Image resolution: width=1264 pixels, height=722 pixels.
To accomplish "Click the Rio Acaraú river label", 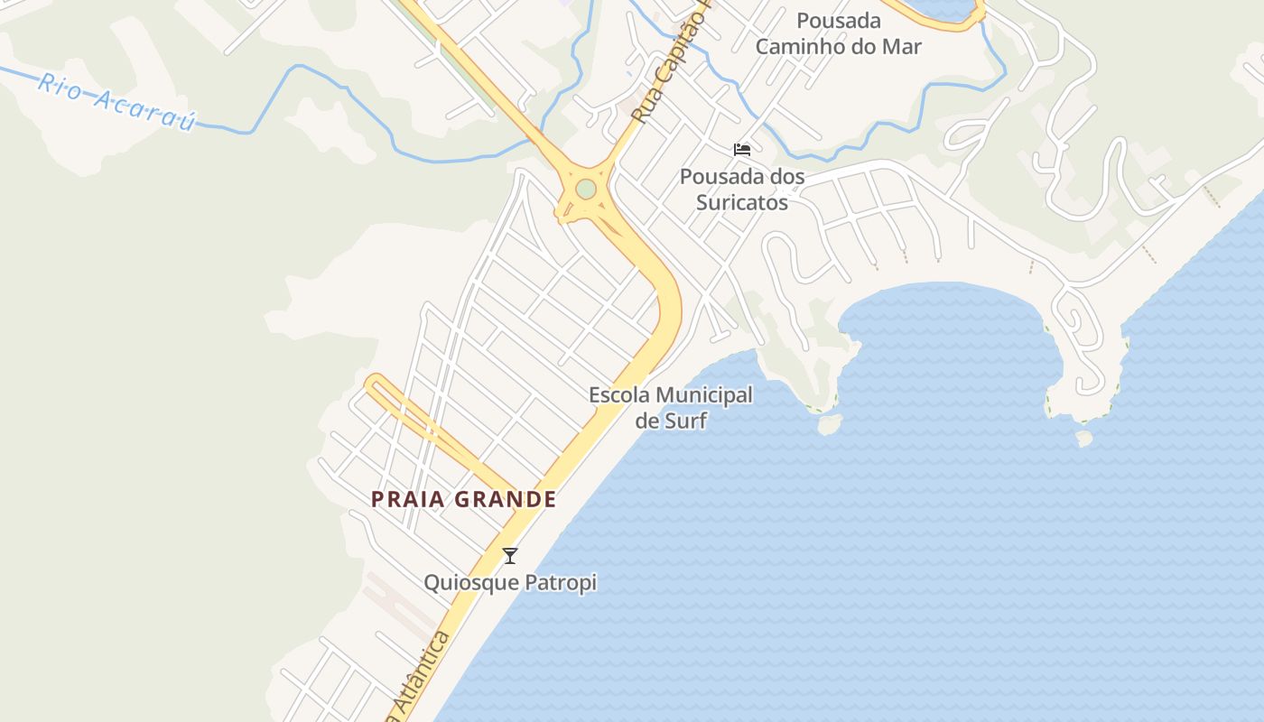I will click(x=116, y=102).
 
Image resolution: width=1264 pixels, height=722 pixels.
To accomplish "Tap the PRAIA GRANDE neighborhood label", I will click(x=464, y=499).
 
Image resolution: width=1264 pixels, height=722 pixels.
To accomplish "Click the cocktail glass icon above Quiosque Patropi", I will click(x=510, y=556).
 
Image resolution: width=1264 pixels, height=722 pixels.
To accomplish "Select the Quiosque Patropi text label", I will click(x=510, y=583).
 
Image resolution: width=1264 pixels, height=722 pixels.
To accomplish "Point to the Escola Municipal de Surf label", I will click(x=670, y=407).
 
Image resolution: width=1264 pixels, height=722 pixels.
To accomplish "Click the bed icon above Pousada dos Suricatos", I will click(x=742, y=149).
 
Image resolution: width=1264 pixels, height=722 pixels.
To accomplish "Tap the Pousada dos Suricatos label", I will click(x=742, y=189).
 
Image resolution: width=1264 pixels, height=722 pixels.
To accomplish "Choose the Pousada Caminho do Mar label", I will click(x=838, y=33).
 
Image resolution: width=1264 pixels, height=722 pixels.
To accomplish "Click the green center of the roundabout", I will click(x=586, y=189).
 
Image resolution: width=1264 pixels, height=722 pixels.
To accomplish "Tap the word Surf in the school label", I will click(x=687, y=421).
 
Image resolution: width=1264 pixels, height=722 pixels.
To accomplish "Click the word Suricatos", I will click(x=742, y=202).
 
